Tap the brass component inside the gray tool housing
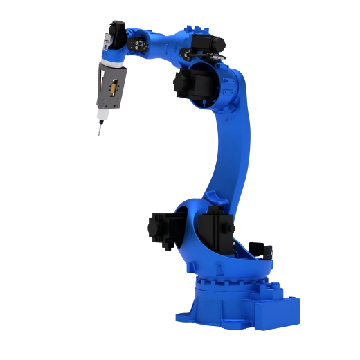click(111, 89)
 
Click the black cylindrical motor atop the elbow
click(211, 44)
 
